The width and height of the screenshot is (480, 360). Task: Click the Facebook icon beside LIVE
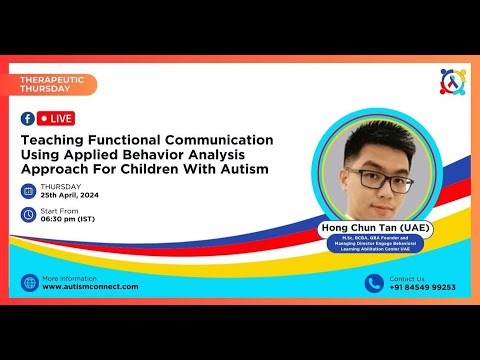(x=28, y=118)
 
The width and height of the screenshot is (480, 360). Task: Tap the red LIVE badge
(x=56, y=118)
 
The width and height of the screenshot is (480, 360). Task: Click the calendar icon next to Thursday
(x=28, y=191)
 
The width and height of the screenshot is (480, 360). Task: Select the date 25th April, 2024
(x=71, y=196)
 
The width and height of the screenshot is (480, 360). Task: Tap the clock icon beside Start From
(x=28, y=214)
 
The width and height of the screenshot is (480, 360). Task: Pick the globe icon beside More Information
(x=29, y=282)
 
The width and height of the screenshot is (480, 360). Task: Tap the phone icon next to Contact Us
(x=374, y=282)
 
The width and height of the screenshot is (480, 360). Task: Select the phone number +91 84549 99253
(x=422, y=287)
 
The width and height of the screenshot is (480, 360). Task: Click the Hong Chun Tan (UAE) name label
(x=376, y=227)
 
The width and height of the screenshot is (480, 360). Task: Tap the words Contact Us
(x=407, y=277)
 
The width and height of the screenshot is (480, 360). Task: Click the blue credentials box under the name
(x=376, y=243)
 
